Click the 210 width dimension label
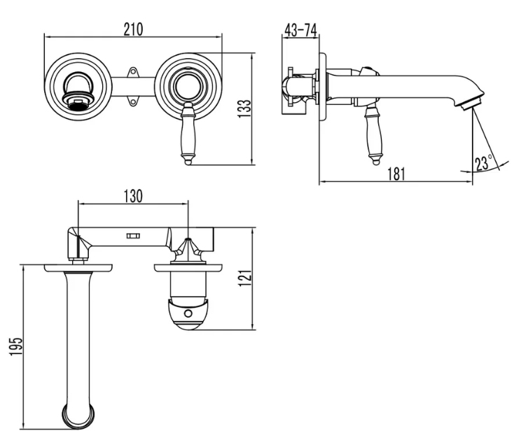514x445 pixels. click(134, 29)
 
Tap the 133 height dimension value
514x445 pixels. click(244, 108)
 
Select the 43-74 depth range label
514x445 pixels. click(300, 30)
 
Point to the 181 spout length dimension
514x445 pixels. click(396, 174)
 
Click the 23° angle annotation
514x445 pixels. click(483, 163)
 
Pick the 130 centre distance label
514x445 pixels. click(133, 196)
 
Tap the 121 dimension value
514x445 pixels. click(244, 278)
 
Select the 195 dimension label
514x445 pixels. click(15, 346)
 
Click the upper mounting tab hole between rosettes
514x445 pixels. click(133, 72)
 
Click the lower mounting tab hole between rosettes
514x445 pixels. click(133, 102)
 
